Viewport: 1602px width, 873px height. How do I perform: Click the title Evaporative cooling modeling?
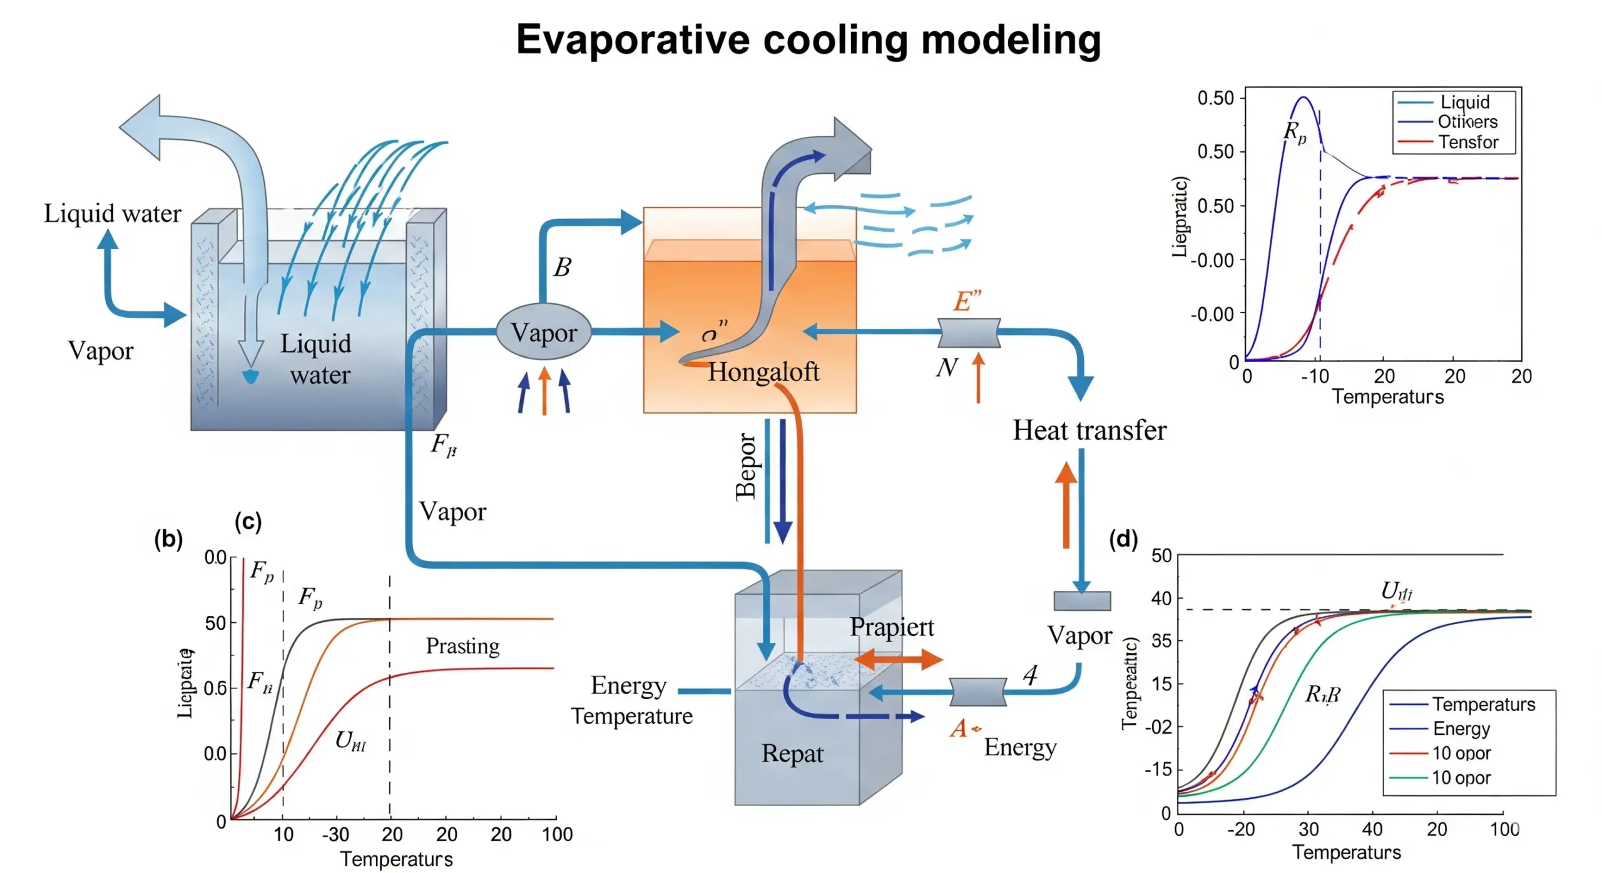(807, 40)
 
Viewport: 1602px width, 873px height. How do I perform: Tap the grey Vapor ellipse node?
(543, 332)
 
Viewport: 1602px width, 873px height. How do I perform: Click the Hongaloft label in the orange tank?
(763, 372)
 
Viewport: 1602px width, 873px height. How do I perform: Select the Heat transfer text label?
(1089, 430)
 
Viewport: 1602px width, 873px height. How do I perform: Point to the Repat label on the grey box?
(792, 754)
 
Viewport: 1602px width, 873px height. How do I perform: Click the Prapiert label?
(891, 627)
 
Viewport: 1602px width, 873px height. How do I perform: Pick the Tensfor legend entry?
(1467, 143)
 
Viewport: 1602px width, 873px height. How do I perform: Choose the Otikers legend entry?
(1467, 122)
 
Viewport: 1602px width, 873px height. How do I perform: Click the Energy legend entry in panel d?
(1461, 729)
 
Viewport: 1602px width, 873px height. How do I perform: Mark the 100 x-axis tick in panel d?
(1504, 830)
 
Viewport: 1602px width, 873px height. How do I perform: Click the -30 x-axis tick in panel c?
(335, 835)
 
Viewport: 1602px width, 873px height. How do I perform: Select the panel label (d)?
(1123, 539)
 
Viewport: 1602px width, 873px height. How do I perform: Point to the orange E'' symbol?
(967, 301)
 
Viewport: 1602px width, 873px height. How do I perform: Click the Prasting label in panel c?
(462, 646)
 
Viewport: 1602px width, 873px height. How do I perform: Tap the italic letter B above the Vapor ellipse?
(562, 268)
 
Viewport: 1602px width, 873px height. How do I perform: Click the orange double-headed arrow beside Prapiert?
(897, 659)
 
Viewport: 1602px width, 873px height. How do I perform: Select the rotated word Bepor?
(745, 467)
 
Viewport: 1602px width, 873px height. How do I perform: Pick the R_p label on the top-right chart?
(1294, 132)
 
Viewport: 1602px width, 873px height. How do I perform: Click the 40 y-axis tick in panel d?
(1161, 599)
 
